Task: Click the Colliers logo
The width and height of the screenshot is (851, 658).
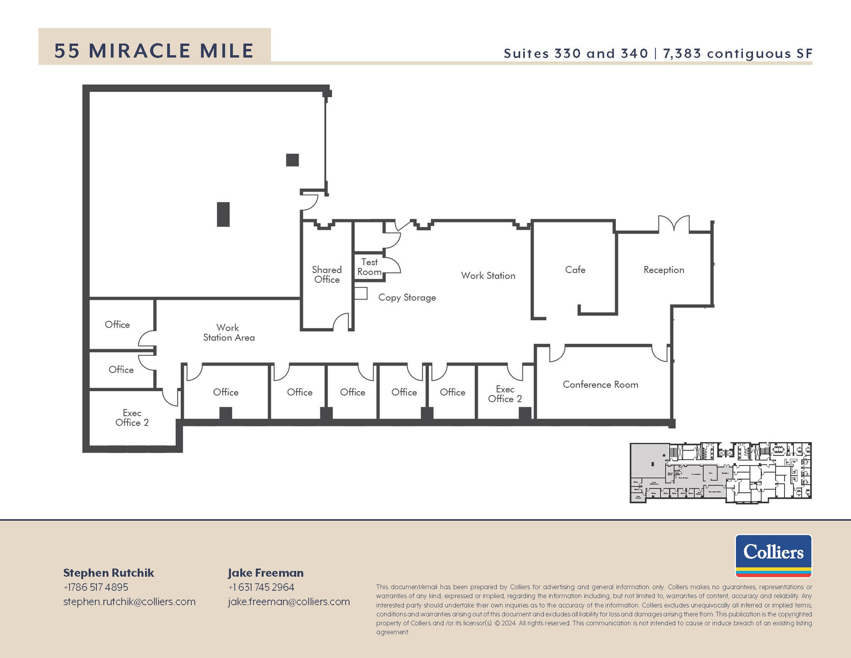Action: point(773,555)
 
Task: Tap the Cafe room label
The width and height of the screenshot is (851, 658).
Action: point(575,270)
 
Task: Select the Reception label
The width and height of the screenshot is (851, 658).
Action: point(664,270)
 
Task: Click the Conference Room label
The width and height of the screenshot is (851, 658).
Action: point(600,384)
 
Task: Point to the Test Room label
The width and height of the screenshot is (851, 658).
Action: point(369,267)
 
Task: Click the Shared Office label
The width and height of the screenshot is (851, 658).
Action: point(327,275)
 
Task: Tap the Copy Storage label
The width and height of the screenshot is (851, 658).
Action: point(407,298)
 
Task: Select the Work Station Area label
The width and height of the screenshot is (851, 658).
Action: point(229,333)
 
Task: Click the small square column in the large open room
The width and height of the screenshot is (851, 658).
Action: point(293,160)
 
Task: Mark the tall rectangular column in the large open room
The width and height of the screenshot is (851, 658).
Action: point(223,214)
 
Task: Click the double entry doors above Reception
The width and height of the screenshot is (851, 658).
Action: point(674,224)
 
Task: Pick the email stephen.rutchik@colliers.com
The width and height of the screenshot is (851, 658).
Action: point(129,601)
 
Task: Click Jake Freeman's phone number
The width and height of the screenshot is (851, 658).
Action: point(261,587)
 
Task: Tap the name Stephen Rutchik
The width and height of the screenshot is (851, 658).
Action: point(108,573)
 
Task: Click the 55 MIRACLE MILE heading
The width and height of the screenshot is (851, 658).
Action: point(154,51)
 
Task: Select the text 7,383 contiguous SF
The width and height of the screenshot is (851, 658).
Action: point(738,54)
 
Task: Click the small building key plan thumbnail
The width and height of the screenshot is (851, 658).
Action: point(721,473)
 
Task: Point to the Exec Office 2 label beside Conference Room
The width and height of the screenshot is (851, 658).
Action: point(505,394)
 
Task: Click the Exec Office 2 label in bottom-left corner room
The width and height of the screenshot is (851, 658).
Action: point(132,418)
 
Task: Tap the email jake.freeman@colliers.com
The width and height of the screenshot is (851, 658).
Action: point(289,601)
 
